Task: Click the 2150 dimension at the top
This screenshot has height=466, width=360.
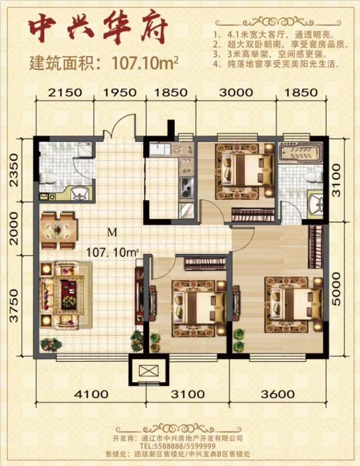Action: [65, 93]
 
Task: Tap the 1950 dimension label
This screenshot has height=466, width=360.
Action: [120, 93]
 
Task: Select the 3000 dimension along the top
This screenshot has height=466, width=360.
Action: [236, 93]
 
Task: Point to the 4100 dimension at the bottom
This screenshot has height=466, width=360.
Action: [91, 394]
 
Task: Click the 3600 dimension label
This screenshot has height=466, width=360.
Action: [278, 394]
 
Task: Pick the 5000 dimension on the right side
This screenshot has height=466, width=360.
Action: [337, 289]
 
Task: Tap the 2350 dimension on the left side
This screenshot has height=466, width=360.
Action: [14, 170]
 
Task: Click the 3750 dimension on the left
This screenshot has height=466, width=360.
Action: [14, 306]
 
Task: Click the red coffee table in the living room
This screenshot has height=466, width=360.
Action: [69, 294]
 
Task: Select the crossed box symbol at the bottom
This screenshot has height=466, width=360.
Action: [148, 370]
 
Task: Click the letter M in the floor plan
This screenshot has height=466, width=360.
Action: [112, 232]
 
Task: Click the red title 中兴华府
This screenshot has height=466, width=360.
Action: [97, 31]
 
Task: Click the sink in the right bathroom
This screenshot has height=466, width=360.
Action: [316, 204]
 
